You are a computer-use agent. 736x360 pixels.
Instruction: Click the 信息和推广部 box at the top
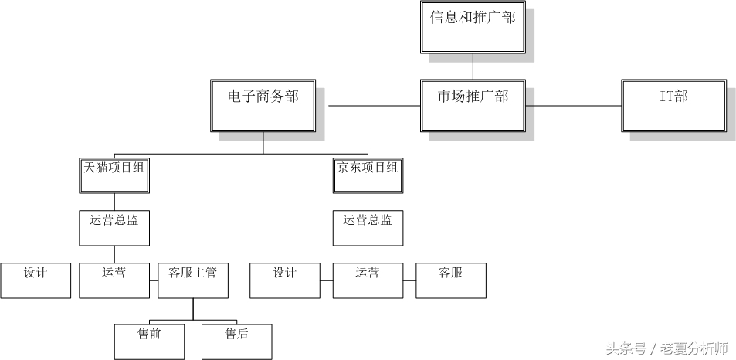[472, 27]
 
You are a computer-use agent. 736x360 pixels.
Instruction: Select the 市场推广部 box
[472, 104]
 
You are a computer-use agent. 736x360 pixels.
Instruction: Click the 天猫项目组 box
[114, 175]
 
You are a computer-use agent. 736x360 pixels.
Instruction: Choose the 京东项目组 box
[368, 175]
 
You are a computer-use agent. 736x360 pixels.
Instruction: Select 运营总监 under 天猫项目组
[114, 228]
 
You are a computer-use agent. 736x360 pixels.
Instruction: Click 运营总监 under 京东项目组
[368, 228]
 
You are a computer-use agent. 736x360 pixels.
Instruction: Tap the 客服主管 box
[192, 280]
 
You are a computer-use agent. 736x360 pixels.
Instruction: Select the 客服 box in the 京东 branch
[450, 280]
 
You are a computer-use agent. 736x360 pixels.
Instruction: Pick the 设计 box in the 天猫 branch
[36, 280]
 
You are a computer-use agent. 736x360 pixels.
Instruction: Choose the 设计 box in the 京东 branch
[284, 280]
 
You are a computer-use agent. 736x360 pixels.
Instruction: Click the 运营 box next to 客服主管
[114, 280]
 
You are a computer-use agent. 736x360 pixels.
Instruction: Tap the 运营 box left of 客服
[368, 280]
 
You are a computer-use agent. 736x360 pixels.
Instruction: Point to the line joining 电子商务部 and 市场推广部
[374, 105]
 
